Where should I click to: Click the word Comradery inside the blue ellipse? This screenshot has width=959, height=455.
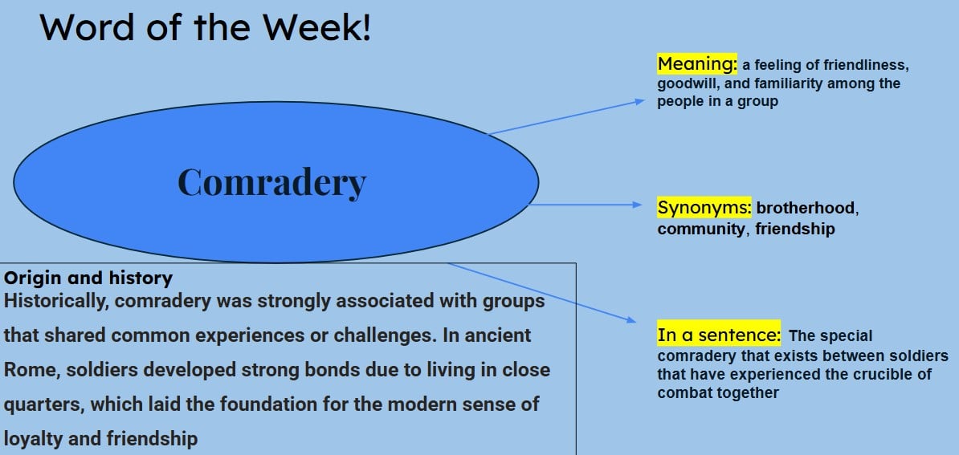(271, 182)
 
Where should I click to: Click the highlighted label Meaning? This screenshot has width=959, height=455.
(696, 63)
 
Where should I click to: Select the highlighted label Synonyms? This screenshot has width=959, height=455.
(704, 208)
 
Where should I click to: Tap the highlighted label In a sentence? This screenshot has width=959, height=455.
(718, 335)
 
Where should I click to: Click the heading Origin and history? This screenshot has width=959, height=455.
(88, 278)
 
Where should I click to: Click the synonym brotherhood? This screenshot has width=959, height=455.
(806, 209)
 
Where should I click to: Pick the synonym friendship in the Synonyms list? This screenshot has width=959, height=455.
(794, 230)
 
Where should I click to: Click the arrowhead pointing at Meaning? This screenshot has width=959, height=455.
(640, 101)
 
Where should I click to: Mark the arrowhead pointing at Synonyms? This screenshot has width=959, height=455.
(639, 205)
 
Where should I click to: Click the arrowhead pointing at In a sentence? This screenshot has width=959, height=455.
(631, 319)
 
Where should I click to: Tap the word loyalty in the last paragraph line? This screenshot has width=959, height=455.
(31, 439)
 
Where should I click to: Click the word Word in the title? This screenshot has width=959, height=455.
(80, 27)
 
